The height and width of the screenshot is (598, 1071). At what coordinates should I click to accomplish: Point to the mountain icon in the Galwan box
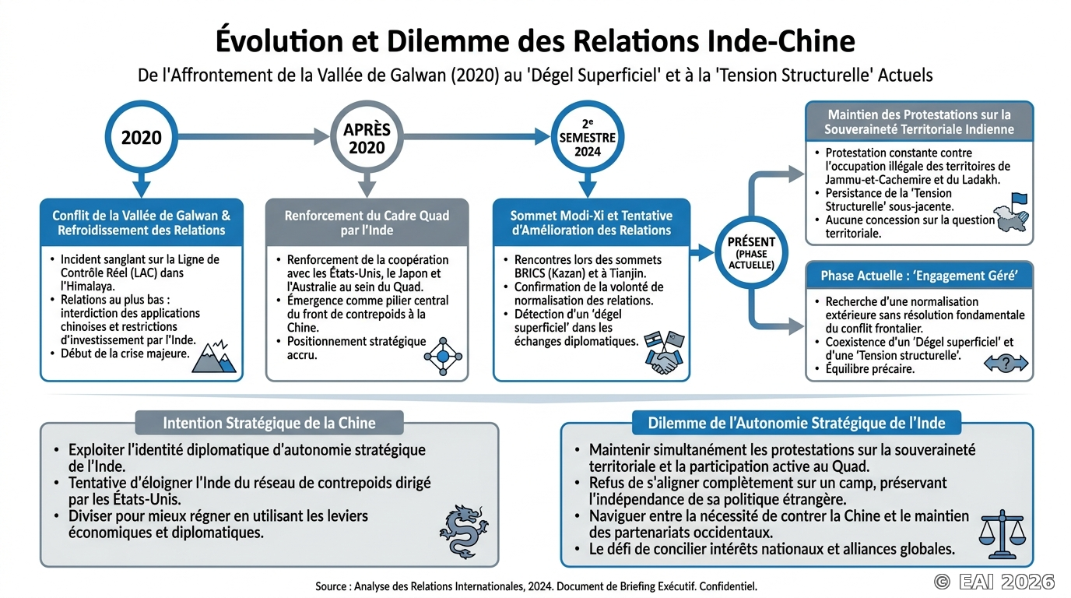[x=214, y=357]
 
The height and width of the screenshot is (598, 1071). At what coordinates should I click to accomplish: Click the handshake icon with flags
[x=664, y=352]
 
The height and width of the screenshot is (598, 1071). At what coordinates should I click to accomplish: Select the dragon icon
[x=463, y=532]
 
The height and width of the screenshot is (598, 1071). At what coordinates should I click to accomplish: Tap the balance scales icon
[x=1003, y=534]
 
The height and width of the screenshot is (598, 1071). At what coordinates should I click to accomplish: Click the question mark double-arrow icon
[x=1006, y=363]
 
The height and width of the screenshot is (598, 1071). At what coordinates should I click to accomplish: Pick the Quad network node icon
[x=443, y=357]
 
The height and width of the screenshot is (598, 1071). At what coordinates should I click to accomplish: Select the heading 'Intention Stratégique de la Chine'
[x=269, y=423]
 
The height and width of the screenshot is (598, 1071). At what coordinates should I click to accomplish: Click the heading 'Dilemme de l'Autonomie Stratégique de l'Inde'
[x=796, y=423]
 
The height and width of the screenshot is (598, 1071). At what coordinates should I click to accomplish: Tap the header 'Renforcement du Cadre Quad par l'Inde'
[x=367, y=223]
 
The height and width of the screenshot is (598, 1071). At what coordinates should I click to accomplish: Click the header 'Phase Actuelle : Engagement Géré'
[x=919, y=276]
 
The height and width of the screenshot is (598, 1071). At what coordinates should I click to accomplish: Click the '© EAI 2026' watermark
[x=994, y=582]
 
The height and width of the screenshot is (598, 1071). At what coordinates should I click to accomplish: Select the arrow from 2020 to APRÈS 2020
[x=254, y=137]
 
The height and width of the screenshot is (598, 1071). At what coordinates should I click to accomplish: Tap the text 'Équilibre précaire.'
[x=869, y=369]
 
